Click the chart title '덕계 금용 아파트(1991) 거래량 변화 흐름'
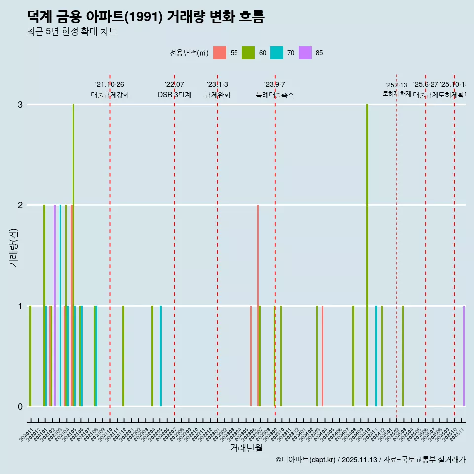pos(146,17)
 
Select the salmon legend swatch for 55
pos(220,53)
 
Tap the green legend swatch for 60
pos(248,53)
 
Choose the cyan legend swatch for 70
pos(276,53)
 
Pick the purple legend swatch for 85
pos(305,53)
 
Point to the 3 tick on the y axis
pos(20,104)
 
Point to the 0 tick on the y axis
pos(20,406)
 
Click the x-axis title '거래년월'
pos(246,448)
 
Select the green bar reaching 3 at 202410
pos(367,255)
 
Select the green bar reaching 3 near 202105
pos(74,255)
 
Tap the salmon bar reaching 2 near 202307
pos(258,306)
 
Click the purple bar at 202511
pos(464,356)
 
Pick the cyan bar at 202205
pos(161,356)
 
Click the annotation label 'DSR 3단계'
pos(174,95)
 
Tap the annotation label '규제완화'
pos(217,95)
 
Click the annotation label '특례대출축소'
pos(275,95)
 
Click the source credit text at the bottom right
pos(370,460)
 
